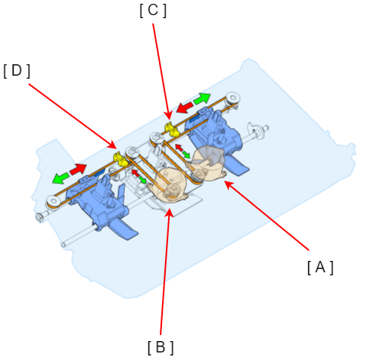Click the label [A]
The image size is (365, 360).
coord(320,268)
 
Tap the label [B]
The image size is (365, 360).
coord(161,348)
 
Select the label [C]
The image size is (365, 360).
coord(153,11)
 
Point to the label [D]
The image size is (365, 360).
coord(17,71)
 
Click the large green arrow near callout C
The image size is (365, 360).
coord(202,98)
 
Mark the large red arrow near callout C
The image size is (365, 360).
coord(185,107)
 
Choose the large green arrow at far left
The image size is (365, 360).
coord(61,177)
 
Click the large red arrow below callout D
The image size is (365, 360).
coord(78,169)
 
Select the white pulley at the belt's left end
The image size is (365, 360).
coord(54,201)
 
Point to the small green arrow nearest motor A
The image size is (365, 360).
coord(186,154)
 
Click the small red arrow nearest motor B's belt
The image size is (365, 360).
coord(136,173)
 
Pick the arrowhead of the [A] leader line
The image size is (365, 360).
coord(227,184)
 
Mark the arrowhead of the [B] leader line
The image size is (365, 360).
coord(170,212)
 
